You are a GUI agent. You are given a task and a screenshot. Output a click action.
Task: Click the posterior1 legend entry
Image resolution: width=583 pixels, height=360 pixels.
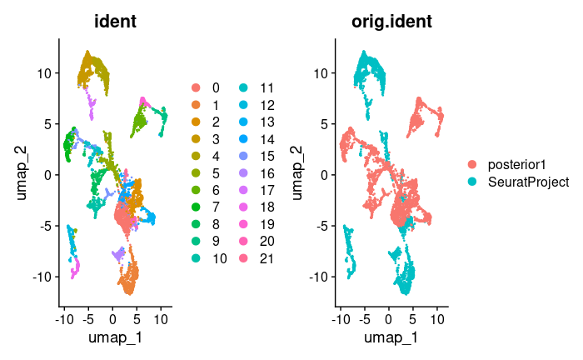511,164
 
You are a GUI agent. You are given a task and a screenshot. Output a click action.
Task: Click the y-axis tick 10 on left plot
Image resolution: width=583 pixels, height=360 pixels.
47,72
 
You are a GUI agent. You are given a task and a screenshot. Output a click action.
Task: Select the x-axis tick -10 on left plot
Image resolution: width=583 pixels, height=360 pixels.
64,318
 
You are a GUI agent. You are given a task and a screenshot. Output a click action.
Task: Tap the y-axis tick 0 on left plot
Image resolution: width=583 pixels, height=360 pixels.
50,175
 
